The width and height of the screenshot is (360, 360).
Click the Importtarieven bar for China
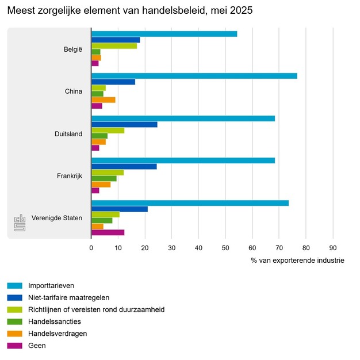click(194, 76)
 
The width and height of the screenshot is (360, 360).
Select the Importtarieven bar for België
click(164, 33)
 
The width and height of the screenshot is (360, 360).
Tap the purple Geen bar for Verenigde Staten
click(108, 233)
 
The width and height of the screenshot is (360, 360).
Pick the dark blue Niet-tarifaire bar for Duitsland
click(124, 124)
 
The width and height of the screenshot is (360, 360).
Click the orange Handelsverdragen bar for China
click(103, 99)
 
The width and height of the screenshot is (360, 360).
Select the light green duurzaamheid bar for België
click(114, 45)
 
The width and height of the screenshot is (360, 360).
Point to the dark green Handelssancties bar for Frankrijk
click(104, 178)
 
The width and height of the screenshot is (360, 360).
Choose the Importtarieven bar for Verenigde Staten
click(190, 203)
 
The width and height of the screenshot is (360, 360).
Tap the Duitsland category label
click(68, 134)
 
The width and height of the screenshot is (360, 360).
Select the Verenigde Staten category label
click(57, 218)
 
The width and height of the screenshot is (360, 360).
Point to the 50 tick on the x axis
click(225, 248)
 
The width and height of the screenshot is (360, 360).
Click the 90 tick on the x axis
click(332, 248)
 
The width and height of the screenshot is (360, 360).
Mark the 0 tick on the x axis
click(91, 248)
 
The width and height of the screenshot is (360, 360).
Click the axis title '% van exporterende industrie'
click(297, 261)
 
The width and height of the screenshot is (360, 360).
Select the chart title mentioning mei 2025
click(129, 11)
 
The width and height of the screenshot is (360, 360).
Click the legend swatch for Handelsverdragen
click(14, 334)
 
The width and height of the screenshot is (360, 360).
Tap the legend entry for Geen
click(36, 346)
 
